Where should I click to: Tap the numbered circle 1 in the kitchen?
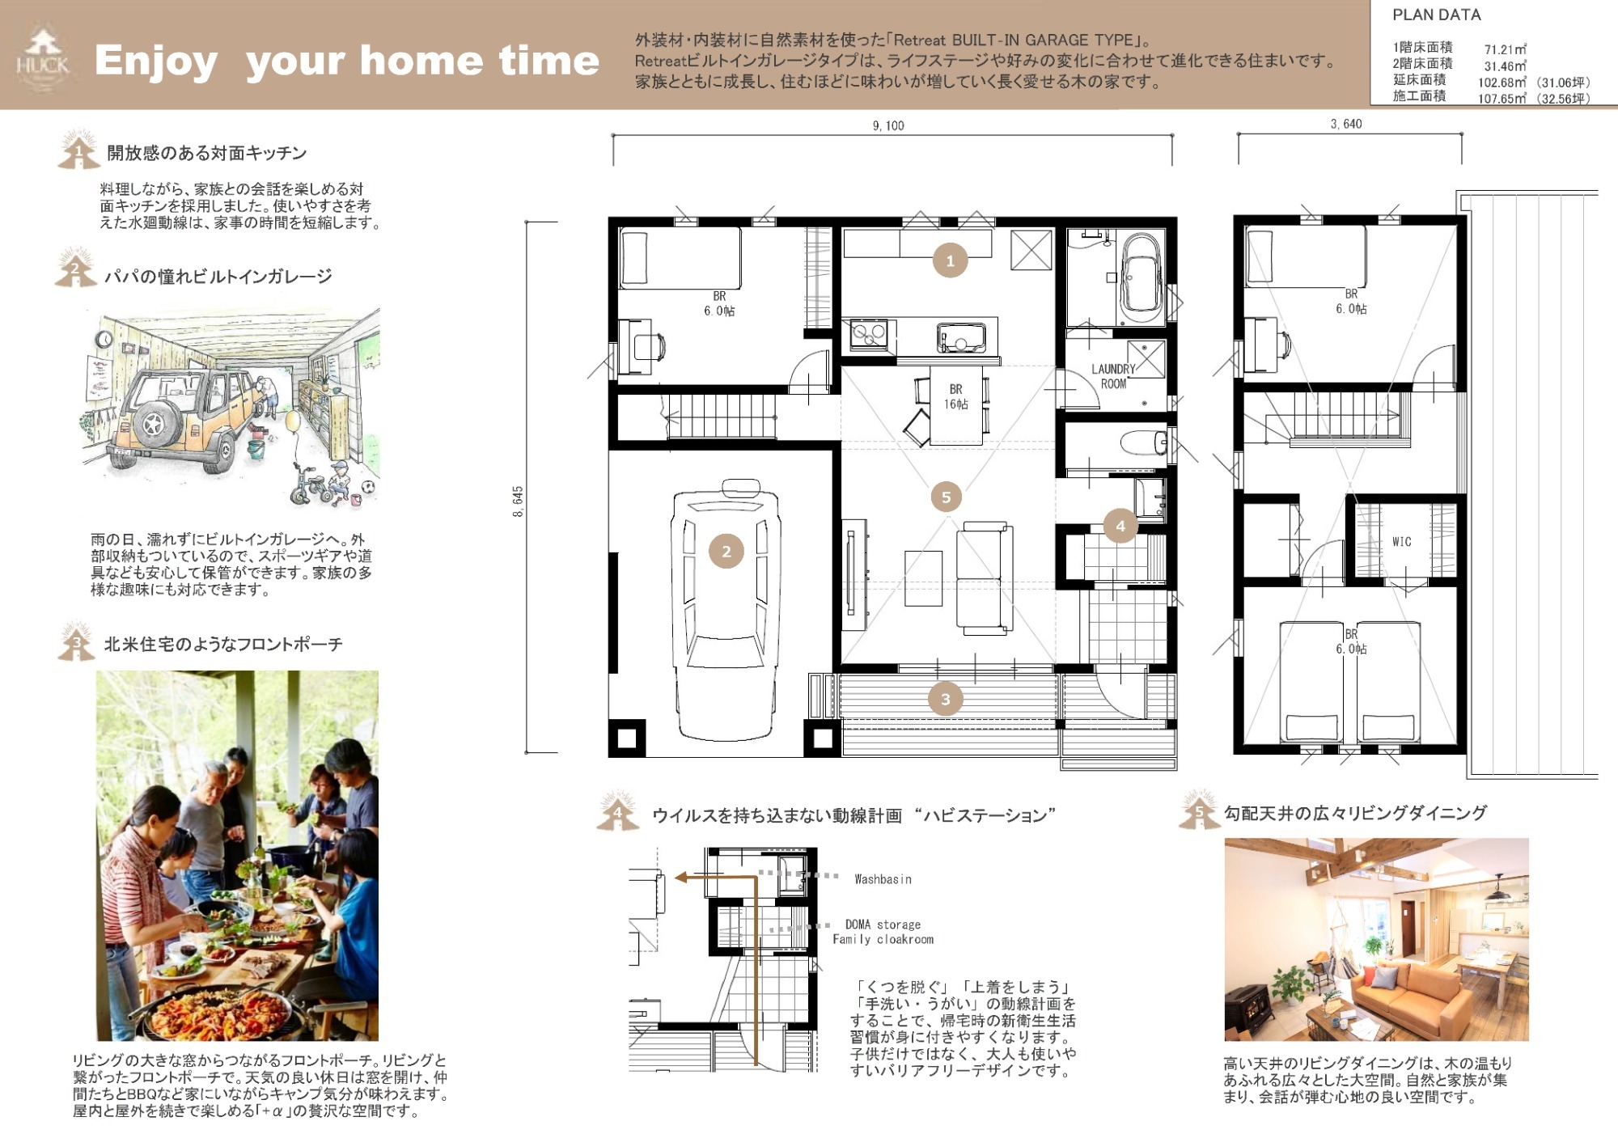(950, 260)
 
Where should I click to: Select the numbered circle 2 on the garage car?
(726, 551)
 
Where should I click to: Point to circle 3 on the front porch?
(945, 699)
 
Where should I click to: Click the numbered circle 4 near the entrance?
(1120, 526)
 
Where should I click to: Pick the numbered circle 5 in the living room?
(946, 497)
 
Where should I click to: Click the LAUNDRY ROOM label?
(1113, 376)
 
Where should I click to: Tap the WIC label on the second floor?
(1401, 542)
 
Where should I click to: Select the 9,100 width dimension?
(888, 125)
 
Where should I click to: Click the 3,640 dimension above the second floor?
(1346, 124)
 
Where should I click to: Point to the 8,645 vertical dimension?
(518, 501)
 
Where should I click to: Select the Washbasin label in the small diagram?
(883, 879)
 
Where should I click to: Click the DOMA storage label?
(883, 925)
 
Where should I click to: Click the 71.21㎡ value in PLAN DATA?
(1505, 49)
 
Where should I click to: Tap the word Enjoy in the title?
(156, 61)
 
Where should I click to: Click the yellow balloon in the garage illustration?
(292, 421)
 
